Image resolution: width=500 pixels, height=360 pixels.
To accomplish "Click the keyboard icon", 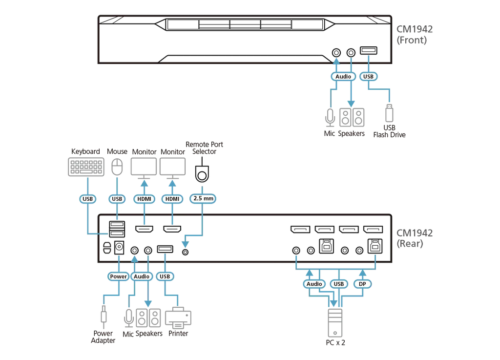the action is pos(86,167).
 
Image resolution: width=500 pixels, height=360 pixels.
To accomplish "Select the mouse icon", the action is pos(117,167).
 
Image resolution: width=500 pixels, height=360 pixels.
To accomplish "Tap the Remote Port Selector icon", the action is pos(202,172).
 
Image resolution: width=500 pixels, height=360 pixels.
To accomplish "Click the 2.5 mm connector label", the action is pos(203,199).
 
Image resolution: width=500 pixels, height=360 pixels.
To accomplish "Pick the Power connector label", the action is pos(118,276).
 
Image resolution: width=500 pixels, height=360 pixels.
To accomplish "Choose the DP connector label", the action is pos(363,284).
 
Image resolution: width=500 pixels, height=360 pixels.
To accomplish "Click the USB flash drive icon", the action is pos(389,113).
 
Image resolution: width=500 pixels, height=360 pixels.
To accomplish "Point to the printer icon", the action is pos(178,318).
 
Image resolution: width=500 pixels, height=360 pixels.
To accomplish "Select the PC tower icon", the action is pos(335,323).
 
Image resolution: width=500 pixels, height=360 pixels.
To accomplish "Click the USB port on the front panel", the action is pos(369,50).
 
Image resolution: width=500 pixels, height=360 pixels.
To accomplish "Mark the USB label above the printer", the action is pos(165,276).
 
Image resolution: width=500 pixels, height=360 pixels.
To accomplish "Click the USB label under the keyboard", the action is pos(88,199).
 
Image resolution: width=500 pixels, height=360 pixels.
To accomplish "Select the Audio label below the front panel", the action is pos(343,77).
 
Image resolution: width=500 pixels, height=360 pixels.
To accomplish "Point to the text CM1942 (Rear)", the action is pos(415,238).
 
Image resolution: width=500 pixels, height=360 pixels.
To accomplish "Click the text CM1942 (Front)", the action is pos(415,35).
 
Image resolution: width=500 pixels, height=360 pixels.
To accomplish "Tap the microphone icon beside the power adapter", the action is pos(128,318).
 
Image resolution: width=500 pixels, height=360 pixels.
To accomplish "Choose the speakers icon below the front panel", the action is pos(352,117).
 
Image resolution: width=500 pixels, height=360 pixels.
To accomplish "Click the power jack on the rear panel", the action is pos(119,247).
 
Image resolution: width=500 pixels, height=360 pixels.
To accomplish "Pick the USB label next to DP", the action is pos(339,284).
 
